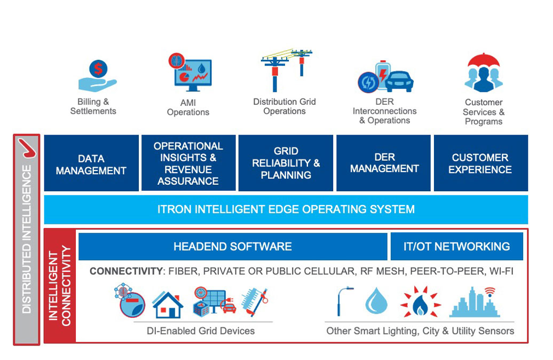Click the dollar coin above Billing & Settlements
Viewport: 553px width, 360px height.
[98, 68]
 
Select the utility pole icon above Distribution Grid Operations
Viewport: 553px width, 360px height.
[286, 70]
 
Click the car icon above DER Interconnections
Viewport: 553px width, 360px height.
[399, 82]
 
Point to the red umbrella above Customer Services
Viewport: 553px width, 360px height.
[484, 60]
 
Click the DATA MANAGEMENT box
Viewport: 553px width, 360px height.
[91, 163]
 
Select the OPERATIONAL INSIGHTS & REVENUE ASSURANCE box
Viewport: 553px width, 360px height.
[188, 163]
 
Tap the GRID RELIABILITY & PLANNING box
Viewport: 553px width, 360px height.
[286, 163]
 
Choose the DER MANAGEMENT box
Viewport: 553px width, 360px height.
[383, 163]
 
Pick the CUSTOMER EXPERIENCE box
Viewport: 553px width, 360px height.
[481, 163]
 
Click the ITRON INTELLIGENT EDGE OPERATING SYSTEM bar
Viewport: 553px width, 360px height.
[286, 209]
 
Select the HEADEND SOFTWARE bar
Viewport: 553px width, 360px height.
[233, 246]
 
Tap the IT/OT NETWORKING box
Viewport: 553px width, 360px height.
[457, 246]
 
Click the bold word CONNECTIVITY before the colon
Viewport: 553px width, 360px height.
[126, 271]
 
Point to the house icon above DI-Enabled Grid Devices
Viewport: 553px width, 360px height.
[168, 305]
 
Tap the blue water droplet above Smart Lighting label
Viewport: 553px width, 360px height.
[376, 301]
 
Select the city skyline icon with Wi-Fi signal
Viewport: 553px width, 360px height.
[475, 302]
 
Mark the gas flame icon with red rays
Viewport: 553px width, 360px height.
[421, 302]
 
